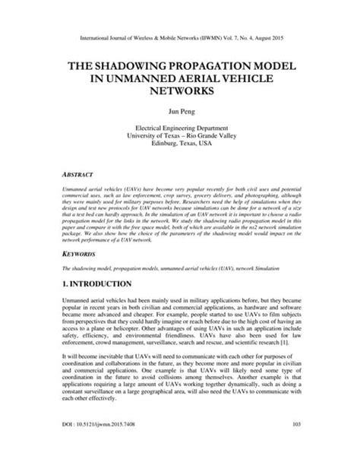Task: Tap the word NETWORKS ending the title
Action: [x=180, y=90]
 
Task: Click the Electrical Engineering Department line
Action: [x=180, y=129]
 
